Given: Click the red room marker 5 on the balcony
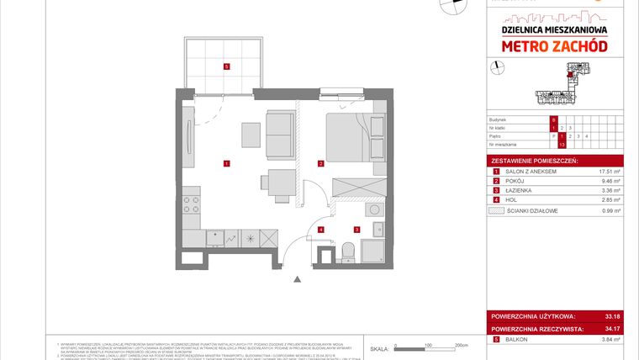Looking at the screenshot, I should coord(226,66).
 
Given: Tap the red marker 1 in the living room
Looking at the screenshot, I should coord(226,161).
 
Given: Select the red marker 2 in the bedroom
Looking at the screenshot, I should coord(320,161).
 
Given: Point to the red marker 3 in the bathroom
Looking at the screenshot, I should coord(356,229).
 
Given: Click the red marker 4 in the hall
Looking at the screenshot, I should coord(320,229).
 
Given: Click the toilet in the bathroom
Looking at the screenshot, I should coord(348,250).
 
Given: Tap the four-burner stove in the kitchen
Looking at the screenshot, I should coord(192,204).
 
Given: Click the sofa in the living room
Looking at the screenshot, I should coord(278,133).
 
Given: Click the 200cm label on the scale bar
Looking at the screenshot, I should coord(460,346).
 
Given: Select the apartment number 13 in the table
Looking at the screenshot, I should coord(562,145).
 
